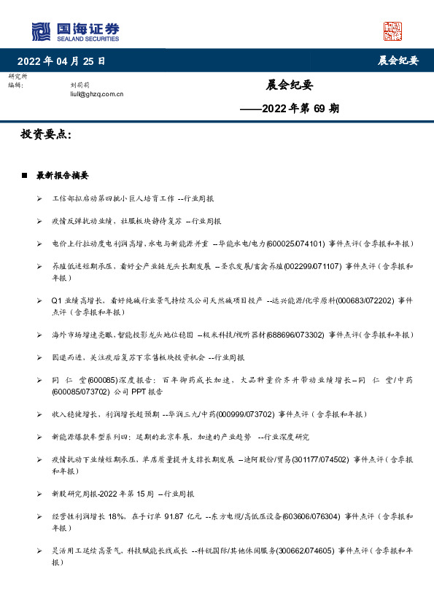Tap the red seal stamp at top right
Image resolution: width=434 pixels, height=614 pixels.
click(392, 31)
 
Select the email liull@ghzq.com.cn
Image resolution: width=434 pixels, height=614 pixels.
click(96, 93)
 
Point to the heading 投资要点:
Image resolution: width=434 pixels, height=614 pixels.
click(46, 135)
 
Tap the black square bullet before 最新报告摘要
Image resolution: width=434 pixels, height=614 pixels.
click(25, 176)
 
